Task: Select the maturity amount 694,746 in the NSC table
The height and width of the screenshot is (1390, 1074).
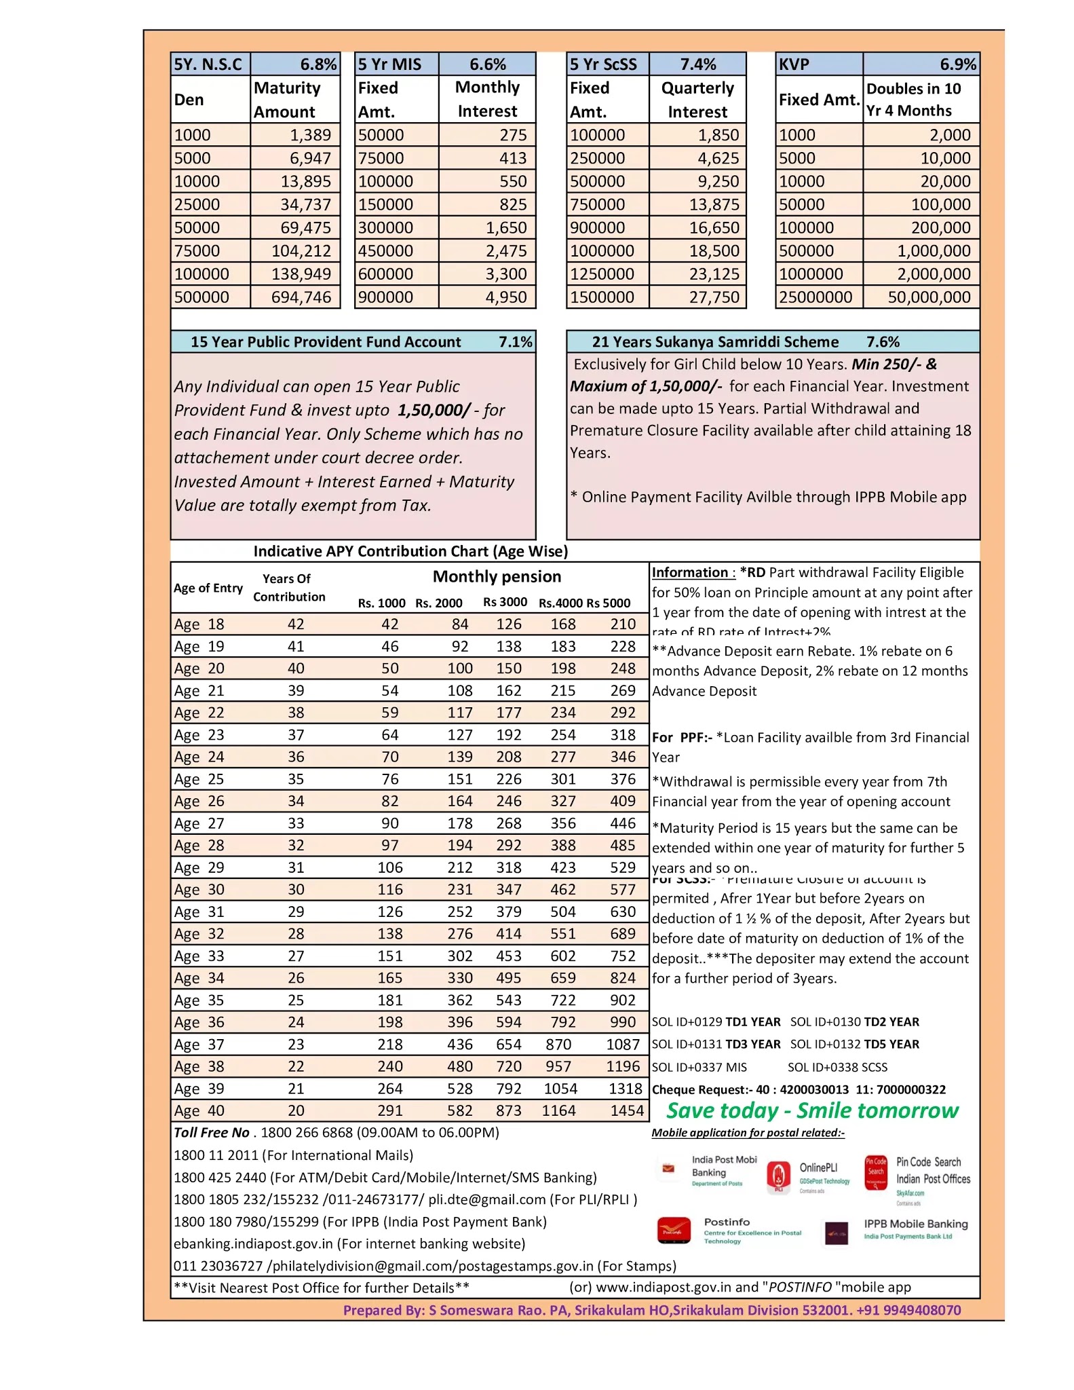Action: pyautogui.click(x=301, y=297)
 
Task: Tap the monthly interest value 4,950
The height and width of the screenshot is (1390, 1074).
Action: pyautogui.click(x=505, y=297)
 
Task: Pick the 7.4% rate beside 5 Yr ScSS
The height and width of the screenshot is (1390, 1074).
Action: pyautogui.click(x=697, y=64)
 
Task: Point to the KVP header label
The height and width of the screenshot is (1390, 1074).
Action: pyautogui.click(x=794, y=64)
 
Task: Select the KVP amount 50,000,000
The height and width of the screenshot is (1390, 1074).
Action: pyautogui.click(x=929, y=297)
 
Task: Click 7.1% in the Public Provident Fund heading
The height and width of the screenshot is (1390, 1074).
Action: pyautogui.click(x=515, y=342)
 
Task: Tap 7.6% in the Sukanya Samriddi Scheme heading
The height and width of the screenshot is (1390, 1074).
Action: pyautogui.click(x=883, y=342)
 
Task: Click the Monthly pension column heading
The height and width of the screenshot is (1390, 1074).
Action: pyautogui.click(x=497, y=577)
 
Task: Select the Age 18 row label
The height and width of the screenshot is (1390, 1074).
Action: pyautogui.click(x=199, y=624)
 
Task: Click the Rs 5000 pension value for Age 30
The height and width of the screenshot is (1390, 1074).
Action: pyautogui.click(x=622, y=890)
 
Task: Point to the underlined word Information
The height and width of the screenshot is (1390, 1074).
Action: pyautogui.click(x=689, y=573)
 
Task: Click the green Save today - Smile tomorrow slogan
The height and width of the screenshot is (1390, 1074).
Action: pyautogui.click(x=811, y=1111)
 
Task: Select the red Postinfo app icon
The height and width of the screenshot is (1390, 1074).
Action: pyautogui.click(x=674, y=1231)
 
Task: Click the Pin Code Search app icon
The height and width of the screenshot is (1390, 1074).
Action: pyautogui.click(x=876, y=1173)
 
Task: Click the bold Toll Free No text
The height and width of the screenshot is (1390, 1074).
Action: pyautogui.click(x=212, y=1133)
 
